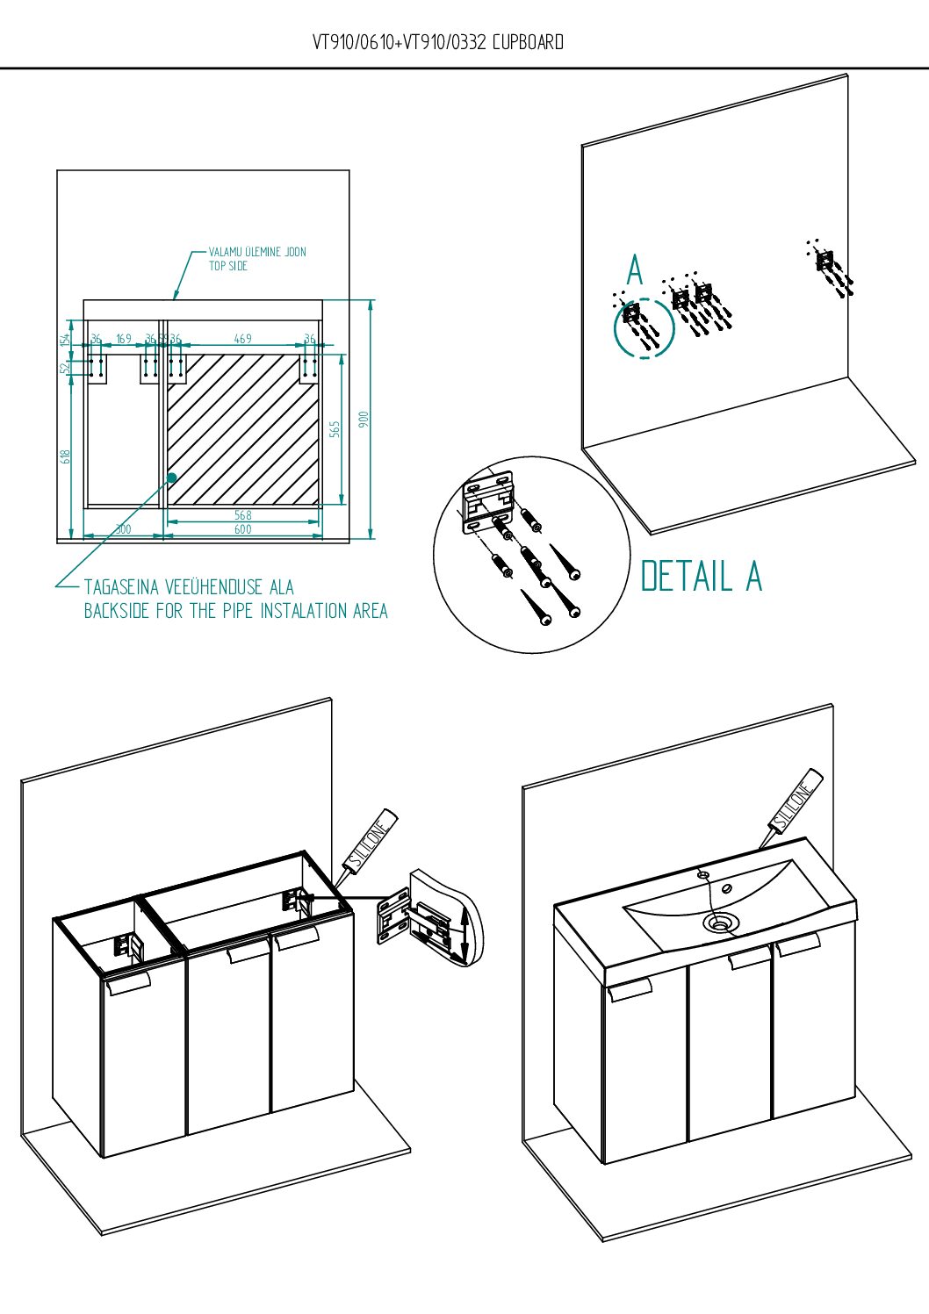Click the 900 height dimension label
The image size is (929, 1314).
[364, 419]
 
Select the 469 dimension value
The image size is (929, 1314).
[243, 339]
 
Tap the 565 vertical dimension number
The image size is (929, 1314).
[335, 429]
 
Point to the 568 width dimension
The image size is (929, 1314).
[243, 515]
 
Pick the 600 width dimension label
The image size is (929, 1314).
[243, 529]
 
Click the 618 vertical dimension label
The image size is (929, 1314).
[65, 456]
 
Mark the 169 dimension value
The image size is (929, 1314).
[124, 339]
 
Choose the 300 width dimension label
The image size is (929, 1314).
[123, 529]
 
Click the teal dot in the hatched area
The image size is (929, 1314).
[172, 477]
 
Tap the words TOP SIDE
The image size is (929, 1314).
[228, 266]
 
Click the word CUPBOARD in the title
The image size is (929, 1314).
[528, 42]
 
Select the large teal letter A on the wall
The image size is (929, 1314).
[635, 269]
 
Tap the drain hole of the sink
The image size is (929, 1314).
[719, 923]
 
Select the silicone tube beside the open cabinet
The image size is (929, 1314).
[366, 850]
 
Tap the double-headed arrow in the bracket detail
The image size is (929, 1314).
[464, 940]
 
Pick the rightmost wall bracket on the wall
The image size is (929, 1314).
[825, 261]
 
